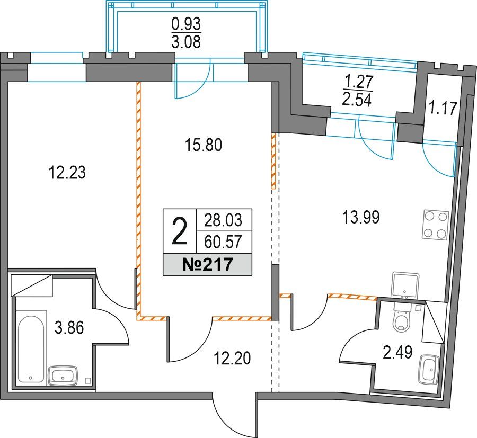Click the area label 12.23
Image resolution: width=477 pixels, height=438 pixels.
67,172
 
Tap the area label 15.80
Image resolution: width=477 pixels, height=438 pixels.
204,145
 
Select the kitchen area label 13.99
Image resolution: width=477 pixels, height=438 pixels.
361,218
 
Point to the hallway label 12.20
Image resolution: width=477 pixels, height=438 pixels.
233,357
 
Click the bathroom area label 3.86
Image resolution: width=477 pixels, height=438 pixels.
69,328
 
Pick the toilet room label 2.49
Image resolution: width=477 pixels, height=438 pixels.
397,352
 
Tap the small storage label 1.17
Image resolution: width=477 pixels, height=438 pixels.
443,108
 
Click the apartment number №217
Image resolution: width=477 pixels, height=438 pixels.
207,264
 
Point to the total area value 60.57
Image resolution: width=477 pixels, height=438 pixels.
223,242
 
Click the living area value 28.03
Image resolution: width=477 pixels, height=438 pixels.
223,220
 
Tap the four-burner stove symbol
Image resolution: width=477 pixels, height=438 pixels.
435,225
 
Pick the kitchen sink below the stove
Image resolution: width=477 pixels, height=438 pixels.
405,285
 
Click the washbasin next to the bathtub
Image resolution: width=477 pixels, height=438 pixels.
63,376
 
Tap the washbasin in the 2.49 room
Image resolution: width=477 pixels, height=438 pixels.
429,369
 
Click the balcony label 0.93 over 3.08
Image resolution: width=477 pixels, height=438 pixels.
186,32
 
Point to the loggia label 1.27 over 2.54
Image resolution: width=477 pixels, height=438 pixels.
357,91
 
